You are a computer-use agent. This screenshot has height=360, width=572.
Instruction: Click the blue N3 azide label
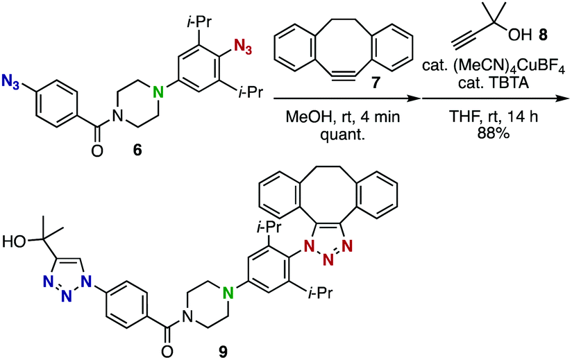coord(10,82)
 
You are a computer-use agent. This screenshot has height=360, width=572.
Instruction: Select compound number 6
coord(137,150)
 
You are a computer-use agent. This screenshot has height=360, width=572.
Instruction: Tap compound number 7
coord(375,83)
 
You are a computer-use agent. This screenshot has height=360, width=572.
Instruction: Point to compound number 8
coord(542,36)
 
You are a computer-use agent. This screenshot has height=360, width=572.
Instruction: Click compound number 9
coord(223,351)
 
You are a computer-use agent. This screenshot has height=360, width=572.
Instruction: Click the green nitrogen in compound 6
coord(158,93)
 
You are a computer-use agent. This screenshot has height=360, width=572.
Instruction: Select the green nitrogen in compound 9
coord(228,293)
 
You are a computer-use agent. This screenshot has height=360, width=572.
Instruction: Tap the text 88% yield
coord(492,133)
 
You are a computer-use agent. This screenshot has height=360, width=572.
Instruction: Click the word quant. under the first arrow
coord(342,134)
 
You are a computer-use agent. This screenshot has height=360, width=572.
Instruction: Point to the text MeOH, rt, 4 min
coord(342,117)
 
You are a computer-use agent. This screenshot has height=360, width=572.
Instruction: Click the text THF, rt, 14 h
coord(493,117)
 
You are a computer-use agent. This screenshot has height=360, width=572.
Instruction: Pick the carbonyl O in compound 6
coord(96,150)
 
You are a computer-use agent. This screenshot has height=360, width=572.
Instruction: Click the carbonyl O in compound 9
coord(167,351)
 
